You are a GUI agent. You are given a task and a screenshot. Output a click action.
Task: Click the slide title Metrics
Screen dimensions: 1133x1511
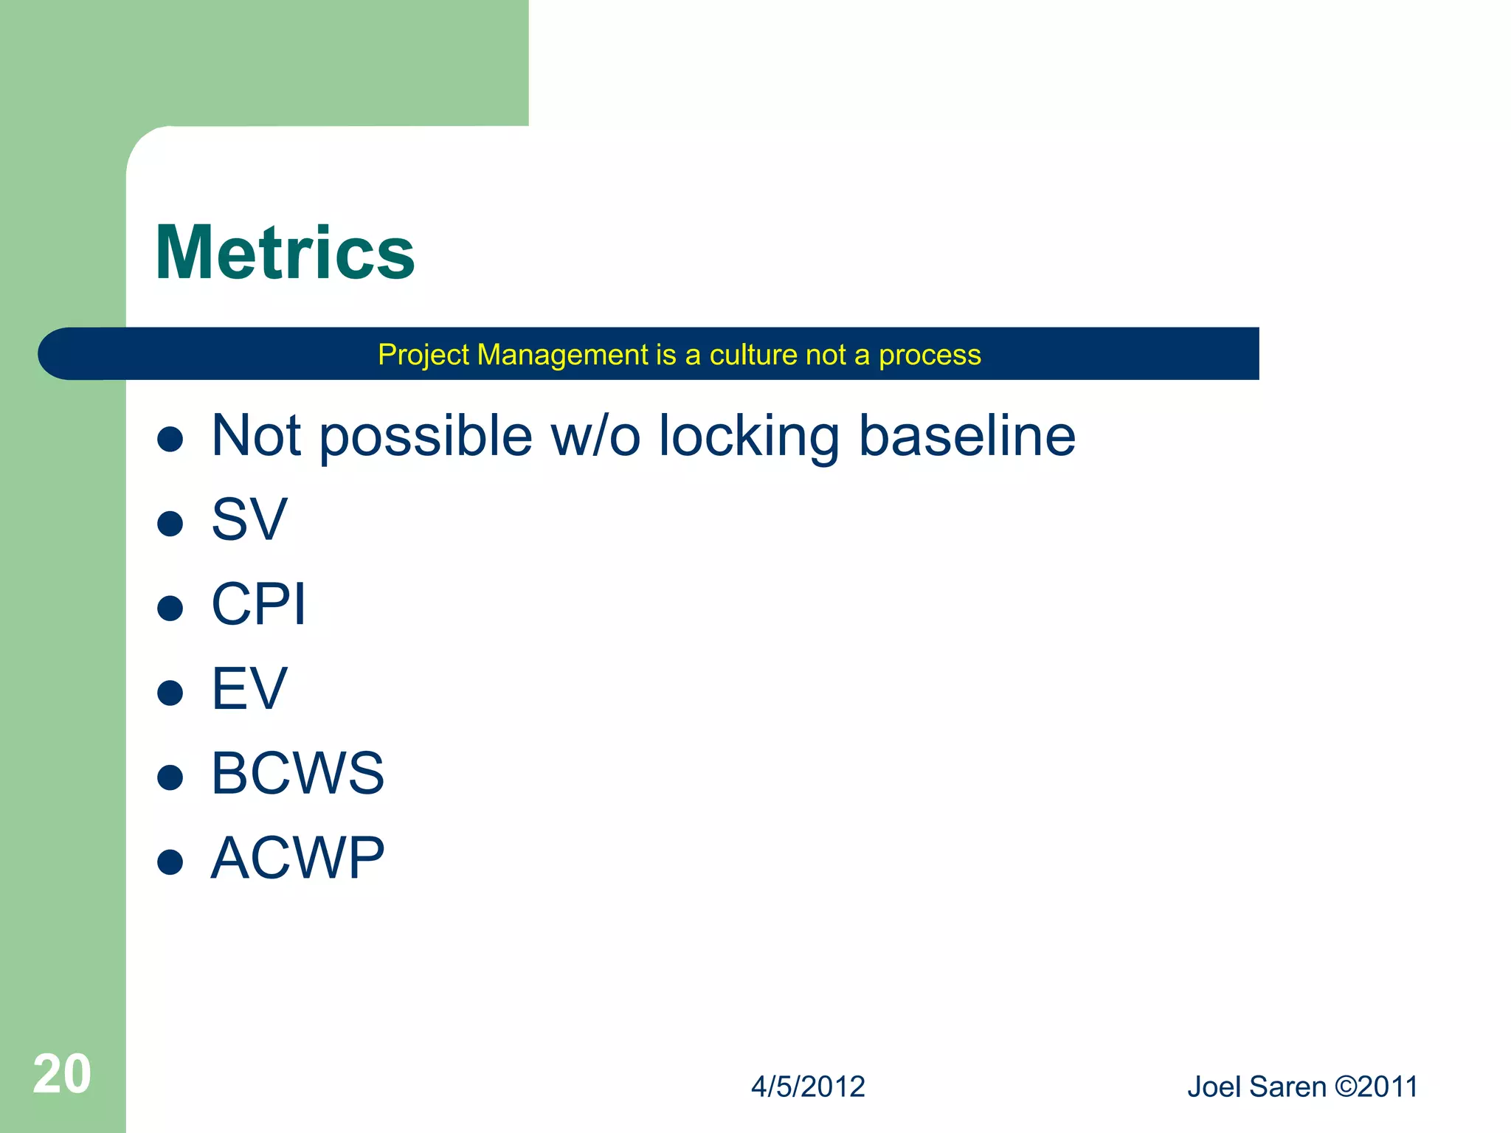[x=285, y=253]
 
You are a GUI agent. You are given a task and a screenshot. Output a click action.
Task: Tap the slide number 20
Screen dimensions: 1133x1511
[x=62, y=1074]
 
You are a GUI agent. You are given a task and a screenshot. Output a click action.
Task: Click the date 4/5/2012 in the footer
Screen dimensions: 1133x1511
[x=808, y=1087]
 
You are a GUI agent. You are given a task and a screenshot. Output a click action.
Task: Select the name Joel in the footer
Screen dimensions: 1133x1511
[x=1214, y=1087]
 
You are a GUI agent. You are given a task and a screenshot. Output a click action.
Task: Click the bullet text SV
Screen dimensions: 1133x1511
[x=249, y=520]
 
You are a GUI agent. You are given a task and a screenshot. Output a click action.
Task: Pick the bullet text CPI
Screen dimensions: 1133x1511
[x=258, y=604]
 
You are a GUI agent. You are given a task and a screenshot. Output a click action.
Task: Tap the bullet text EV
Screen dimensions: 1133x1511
[x=249, y=689]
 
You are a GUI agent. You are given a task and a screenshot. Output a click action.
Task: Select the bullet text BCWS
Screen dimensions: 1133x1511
[x=297, y=774]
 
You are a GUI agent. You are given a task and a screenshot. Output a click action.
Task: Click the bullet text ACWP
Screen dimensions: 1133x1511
[x=297, y=859]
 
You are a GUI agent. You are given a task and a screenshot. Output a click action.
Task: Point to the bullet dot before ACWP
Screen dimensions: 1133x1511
[x=170, y=862]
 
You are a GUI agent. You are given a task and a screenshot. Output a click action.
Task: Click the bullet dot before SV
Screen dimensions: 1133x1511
[x=170, y=524]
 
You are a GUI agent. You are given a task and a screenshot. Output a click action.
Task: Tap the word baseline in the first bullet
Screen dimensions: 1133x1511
[x=967, y=435]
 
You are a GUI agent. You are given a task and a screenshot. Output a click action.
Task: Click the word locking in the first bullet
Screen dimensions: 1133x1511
[x=749, y=437]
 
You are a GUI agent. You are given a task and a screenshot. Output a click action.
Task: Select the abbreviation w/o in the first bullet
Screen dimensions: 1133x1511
[x=596, y=437]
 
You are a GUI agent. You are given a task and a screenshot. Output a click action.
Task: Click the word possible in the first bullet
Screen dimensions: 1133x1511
[x=426, y=437]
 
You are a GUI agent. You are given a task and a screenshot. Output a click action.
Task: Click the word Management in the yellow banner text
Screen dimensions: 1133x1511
[x=563, y=356]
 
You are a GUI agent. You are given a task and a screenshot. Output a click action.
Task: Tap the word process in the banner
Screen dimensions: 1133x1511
[x=930, y=356]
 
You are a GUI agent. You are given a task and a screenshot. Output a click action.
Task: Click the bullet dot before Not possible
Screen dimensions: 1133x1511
[x=170, y=439]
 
